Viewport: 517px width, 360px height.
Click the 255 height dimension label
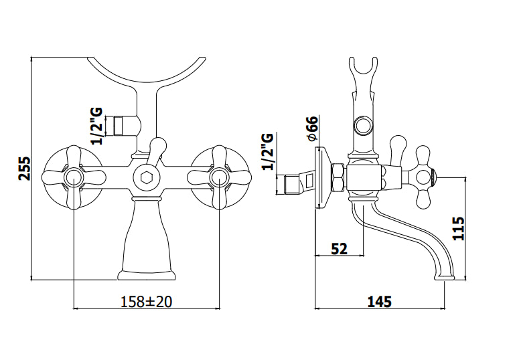[x=24, y=169]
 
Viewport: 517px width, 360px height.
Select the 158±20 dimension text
[x=147, y=301]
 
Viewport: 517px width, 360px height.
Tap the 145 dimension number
[x=380, y=301]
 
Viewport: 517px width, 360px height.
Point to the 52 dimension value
[x=340, y=249]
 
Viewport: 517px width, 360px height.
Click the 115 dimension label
[x=458, y=228]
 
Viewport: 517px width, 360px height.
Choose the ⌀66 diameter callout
[x=313, y=128]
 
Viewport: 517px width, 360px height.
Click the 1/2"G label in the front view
[x=96, y=126]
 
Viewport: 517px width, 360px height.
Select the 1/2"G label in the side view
[x=268, y=151]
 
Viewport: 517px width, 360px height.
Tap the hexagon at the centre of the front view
[x=145, y=177]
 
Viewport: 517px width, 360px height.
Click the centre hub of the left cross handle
[x=73, y=177]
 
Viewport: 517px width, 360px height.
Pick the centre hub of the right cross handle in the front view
[x=219, y=177]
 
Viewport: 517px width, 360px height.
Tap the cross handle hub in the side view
[x=423, y=177]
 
